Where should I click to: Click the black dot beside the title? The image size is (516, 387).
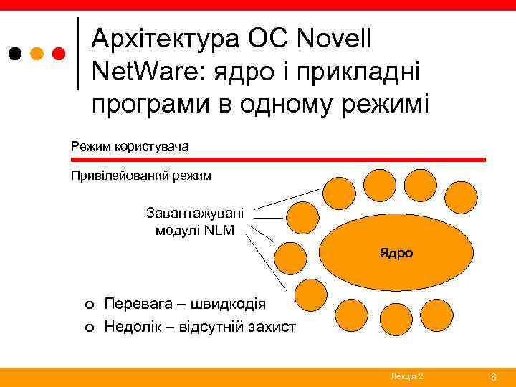coord(15,54)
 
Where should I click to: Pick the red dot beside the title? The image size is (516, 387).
coord(59,54)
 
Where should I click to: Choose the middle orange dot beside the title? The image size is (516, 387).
coord(37,54)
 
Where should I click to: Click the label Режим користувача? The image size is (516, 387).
coord(130,146)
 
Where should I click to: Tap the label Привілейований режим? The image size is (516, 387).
coord(140,175)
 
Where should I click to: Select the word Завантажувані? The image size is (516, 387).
coord(195,213)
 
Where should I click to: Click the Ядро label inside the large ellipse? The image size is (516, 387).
coord(396,253)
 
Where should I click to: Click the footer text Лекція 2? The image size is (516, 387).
coord(406,376)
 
